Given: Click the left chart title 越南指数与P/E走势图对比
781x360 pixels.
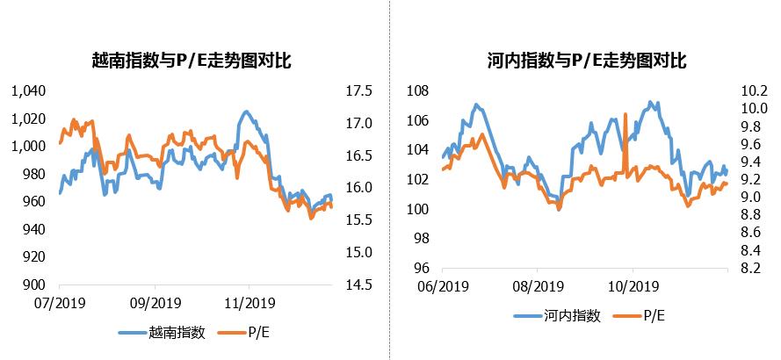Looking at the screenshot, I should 192,61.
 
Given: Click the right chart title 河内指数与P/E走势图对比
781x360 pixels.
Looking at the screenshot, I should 586,61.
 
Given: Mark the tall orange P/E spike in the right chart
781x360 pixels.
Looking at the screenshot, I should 625,119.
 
